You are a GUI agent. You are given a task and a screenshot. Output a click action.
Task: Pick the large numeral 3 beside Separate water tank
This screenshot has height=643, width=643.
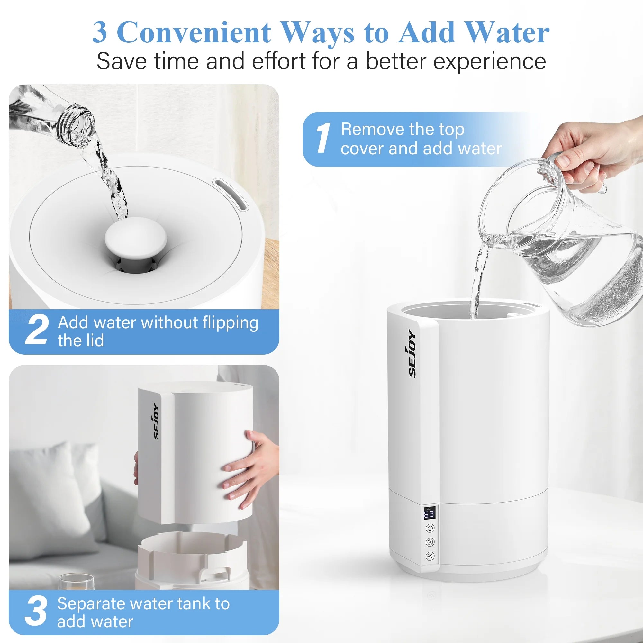coord(36,610)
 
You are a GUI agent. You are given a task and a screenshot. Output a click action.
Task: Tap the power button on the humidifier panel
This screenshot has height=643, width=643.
coord(430,528)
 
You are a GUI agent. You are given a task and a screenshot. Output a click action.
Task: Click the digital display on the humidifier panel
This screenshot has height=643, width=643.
coord(429,514)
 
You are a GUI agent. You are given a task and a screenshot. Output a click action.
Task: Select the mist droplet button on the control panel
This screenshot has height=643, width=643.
coord(430,542)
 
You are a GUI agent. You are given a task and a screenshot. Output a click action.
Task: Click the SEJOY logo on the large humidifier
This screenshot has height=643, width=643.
coord(412,354)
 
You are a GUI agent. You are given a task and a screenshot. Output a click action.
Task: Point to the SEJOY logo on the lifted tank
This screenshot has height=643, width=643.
coord(156,421)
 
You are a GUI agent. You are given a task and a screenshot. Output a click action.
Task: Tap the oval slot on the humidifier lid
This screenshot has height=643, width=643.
coord(231,195)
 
